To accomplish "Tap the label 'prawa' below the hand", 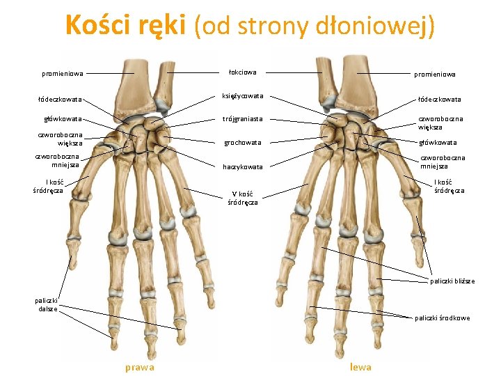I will [x=139, y=367].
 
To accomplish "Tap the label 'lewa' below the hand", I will [x=360, y=367].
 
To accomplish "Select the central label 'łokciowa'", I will [x=242, y=72].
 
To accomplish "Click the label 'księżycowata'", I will [x=242, y=95].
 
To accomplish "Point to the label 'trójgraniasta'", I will [x=242, y=119].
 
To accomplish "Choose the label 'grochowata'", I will [x=242, y=142].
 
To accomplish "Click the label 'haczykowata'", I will [x=242, y=167].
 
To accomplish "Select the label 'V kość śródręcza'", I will [x=242, y=198].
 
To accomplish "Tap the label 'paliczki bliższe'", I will [x=452, y=281].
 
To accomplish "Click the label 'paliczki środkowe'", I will [x=442, y=318].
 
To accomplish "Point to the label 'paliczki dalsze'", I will [x=47, y=304].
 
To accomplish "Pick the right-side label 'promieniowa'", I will [x=434, y=74].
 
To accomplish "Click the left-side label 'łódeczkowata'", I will [x=60, y=99].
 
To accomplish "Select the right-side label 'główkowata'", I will [x=438, y=143].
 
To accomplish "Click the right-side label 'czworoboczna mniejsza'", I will [x=443, y=162].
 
